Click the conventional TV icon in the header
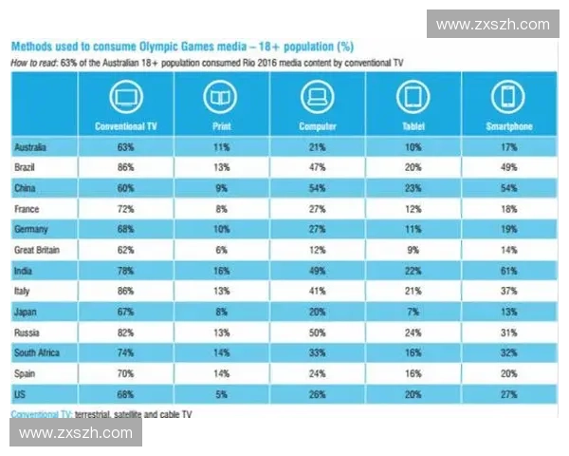point(126,98)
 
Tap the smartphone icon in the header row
point(507,98)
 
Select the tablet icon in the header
point(412,98)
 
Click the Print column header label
point(220,125)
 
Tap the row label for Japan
point(30,311)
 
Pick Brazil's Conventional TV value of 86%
point(126,168)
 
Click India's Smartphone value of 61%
point(507,270)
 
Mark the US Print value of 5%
point(220,392)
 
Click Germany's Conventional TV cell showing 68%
point(126,229)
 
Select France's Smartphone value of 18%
point(507,209)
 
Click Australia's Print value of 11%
point(220,147)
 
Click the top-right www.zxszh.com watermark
point(493,24)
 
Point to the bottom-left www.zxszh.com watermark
point(76,433)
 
